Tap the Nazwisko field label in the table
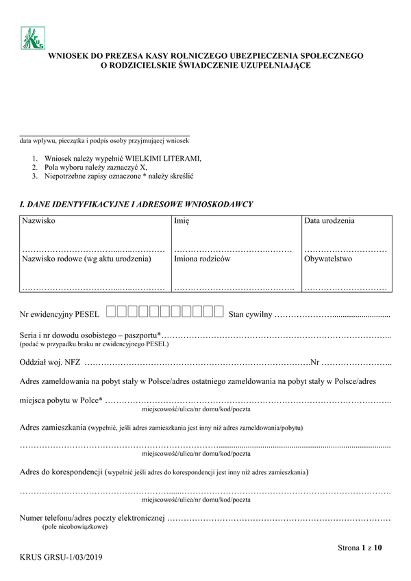pyautogui.click(x=39, y=222)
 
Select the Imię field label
pyautogui.click(x=182, y=222)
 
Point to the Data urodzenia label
pyautogui.click(x=329, y=222)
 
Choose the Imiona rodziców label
pyautogui.click(x=202, y=259)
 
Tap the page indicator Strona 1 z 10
pyautogui.click(x=360, y=547)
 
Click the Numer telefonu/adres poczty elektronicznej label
pyautogui.click(x=92, y=517)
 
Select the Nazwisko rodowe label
pyautogui.click(x=86, y=259)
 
